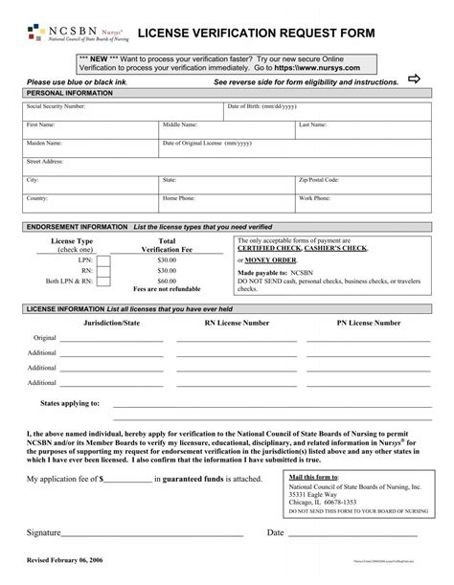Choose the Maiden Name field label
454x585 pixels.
(45, 143)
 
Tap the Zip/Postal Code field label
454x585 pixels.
(319, 179)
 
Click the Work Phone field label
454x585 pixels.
(316, 197)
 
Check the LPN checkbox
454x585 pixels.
(104, 259)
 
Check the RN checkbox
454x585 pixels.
(104, 271)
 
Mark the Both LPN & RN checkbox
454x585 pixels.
(104, 282)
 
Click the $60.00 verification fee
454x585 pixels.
(167, 281)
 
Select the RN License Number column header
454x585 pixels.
(237, 324)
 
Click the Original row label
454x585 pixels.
(45, 338)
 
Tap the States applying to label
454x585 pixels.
(70, 403)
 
